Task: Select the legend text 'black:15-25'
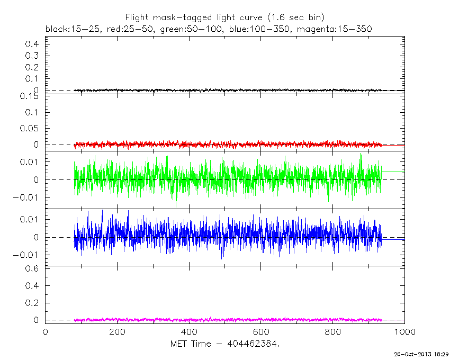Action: [68, 28]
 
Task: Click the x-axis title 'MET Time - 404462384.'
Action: [224, 344]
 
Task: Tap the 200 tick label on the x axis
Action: [117, 332]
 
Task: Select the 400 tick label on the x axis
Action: [189, 332]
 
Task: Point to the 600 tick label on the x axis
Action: [261, 332]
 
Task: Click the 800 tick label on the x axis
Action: [333, 332]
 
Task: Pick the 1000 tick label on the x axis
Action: [403, 332]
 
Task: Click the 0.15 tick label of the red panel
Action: [30, 96]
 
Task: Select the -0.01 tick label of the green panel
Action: [25, 198]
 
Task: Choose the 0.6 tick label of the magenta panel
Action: [32, 268]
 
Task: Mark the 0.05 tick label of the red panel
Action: [30, 129]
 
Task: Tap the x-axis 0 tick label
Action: [45, 332]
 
